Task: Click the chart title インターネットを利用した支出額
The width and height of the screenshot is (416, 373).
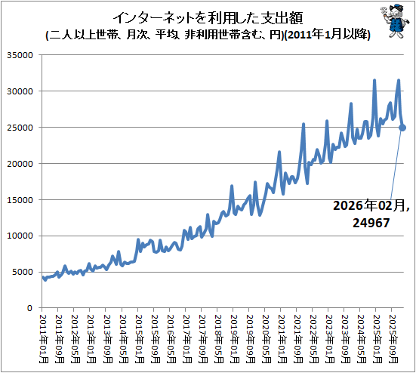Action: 208,18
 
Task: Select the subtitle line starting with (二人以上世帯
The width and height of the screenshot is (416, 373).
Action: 208,35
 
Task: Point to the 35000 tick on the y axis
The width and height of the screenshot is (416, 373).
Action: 20,55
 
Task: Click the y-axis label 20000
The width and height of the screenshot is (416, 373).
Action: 20,164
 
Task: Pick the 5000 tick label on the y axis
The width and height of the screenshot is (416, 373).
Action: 23,272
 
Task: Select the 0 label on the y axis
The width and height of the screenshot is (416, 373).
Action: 29,308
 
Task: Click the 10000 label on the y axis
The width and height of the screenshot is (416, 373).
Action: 20,236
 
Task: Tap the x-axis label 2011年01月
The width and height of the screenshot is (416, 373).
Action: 44,339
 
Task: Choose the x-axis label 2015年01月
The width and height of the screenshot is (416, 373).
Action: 139,339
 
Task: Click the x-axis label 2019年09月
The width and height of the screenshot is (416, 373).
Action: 250,339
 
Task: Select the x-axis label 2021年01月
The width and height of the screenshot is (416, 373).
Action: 282,339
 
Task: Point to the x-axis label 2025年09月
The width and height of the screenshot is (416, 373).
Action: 393,339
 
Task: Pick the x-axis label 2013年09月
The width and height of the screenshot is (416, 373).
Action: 107,339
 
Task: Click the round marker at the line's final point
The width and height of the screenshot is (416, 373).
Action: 402,128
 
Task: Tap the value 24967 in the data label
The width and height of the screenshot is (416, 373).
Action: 371,223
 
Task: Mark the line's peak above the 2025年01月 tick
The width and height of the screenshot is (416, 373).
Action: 374,80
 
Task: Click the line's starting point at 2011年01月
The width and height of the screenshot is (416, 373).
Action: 43,278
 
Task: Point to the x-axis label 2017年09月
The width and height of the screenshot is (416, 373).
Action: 202,339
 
